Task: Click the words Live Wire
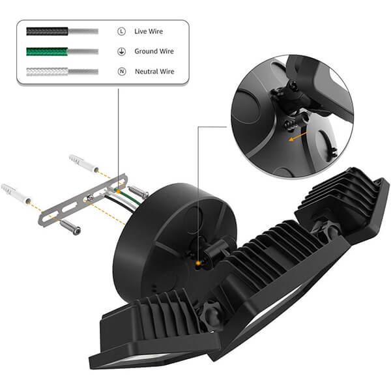point(149,31)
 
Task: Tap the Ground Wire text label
point(154,51)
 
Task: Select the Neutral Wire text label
point(154,72)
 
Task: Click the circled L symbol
point(121,31)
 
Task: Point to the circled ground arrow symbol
point(121,51)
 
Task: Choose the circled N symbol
point(122,72)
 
